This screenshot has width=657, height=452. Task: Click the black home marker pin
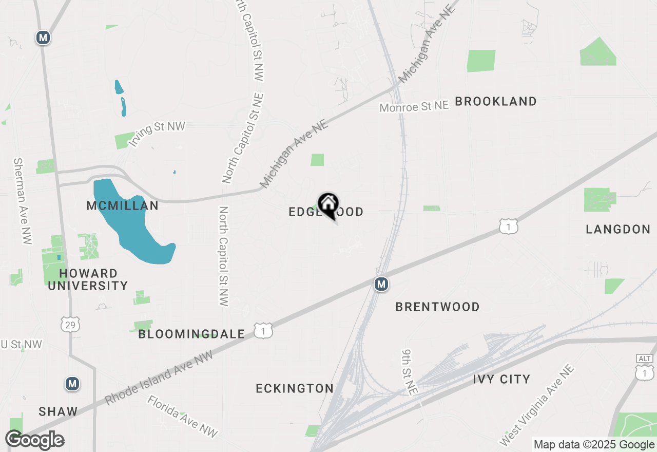pos(328,205)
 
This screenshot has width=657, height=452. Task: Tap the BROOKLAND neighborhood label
pos(496,101)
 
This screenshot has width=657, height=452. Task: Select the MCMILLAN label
pos(122,206)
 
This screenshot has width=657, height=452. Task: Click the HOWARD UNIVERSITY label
pos(88,279)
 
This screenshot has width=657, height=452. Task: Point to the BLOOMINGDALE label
pos(191,334)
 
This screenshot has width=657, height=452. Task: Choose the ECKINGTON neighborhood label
pos(295,388)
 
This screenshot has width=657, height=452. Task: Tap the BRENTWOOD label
pos(437,307)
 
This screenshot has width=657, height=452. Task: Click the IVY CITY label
pos(501,379)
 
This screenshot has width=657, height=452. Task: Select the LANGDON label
pos(618,229)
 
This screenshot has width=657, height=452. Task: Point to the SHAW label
pos(59,411)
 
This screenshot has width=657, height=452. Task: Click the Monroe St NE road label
pos(414,106)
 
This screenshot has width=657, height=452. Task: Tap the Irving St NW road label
pos(157,134)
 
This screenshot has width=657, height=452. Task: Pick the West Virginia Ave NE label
pos(537,406)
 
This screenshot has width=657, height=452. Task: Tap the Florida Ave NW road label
pos(183,416)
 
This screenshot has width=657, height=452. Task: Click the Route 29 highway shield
pos(69,324)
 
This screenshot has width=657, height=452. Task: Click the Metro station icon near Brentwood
pos(380,284)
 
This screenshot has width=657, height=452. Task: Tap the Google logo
pos(35,440)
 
